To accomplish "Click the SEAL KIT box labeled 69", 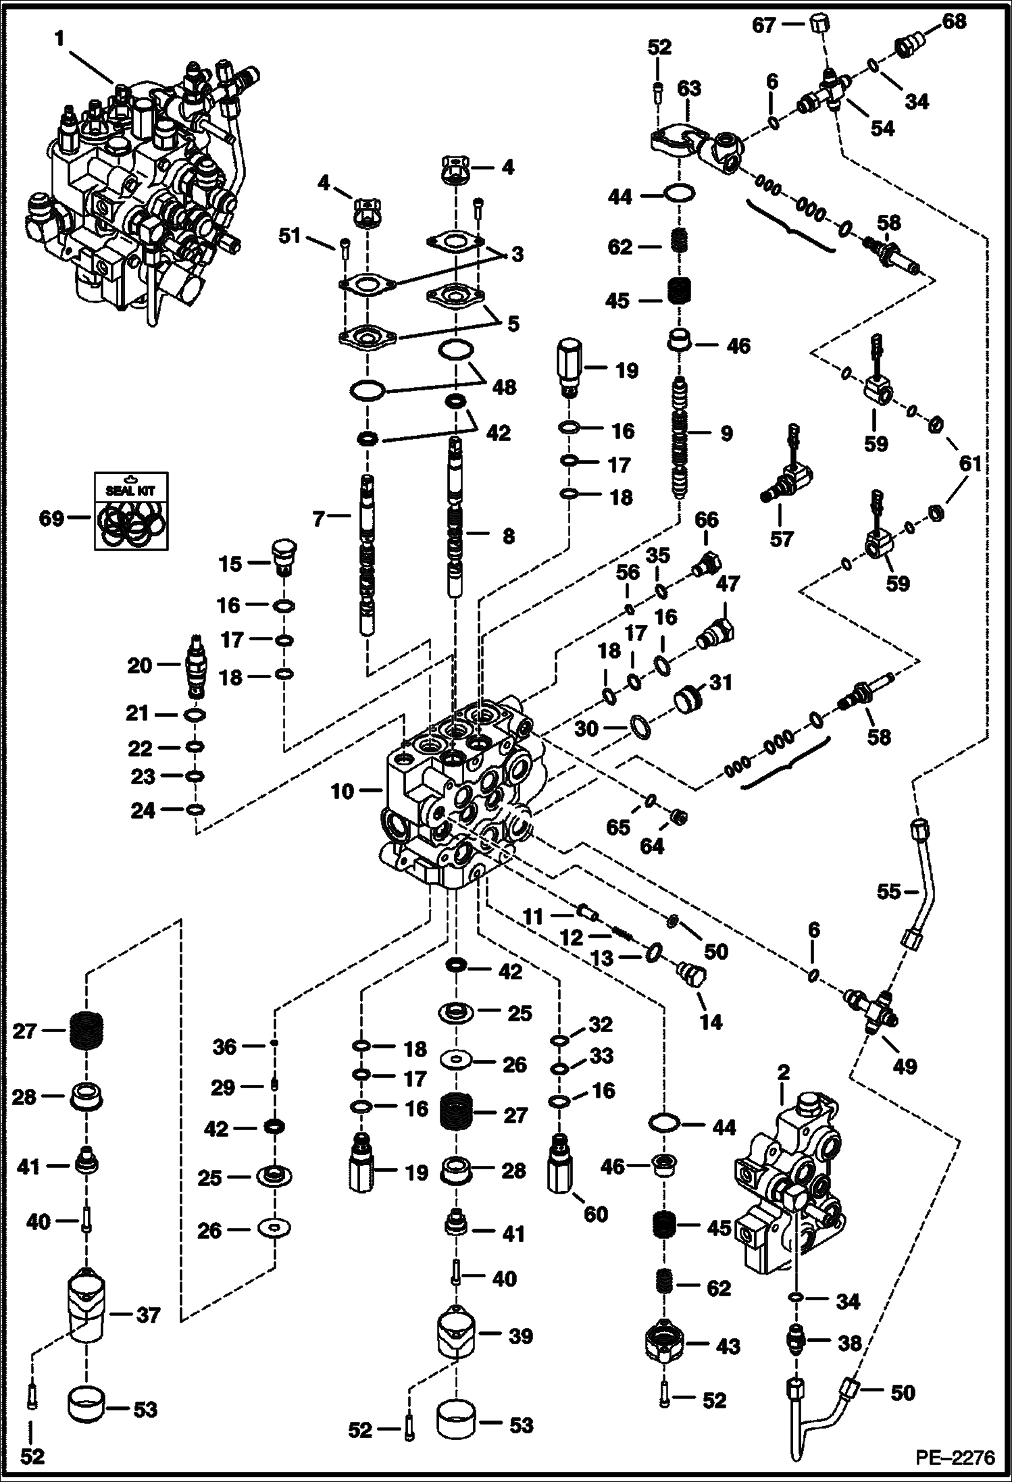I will click(130, 510).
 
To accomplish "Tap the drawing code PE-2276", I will click(955, 1458).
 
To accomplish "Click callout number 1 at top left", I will click(59, 39).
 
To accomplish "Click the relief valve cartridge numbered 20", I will click(196, 665).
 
